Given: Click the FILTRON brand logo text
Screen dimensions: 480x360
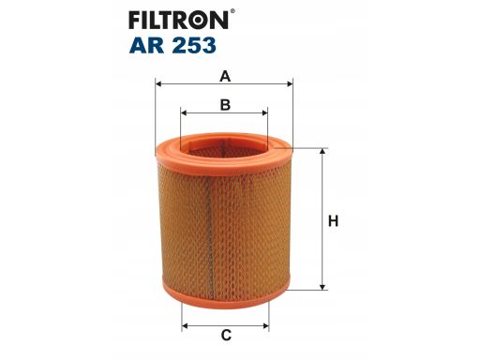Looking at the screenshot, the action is (179, 20).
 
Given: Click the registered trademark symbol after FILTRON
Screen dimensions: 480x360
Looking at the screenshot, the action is (232, 11).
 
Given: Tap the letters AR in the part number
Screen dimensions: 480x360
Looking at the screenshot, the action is (146, 45).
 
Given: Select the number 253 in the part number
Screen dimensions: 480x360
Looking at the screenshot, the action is (193, 45).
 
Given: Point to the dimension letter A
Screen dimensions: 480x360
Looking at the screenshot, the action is (225, 76).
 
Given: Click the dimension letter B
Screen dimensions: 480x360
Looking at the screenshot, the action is (225, 105).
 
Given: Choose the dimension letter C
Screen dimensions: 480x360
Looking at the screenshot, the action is (226, 335).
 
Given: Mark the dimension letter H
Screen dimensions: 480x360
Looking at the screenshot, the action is (333, 221).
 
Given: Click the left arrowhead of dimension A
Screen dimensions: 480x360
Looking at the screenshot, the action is (158, 83).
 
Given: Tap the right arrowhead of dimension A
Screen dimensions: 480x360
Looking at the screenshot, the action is (290, 83).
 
